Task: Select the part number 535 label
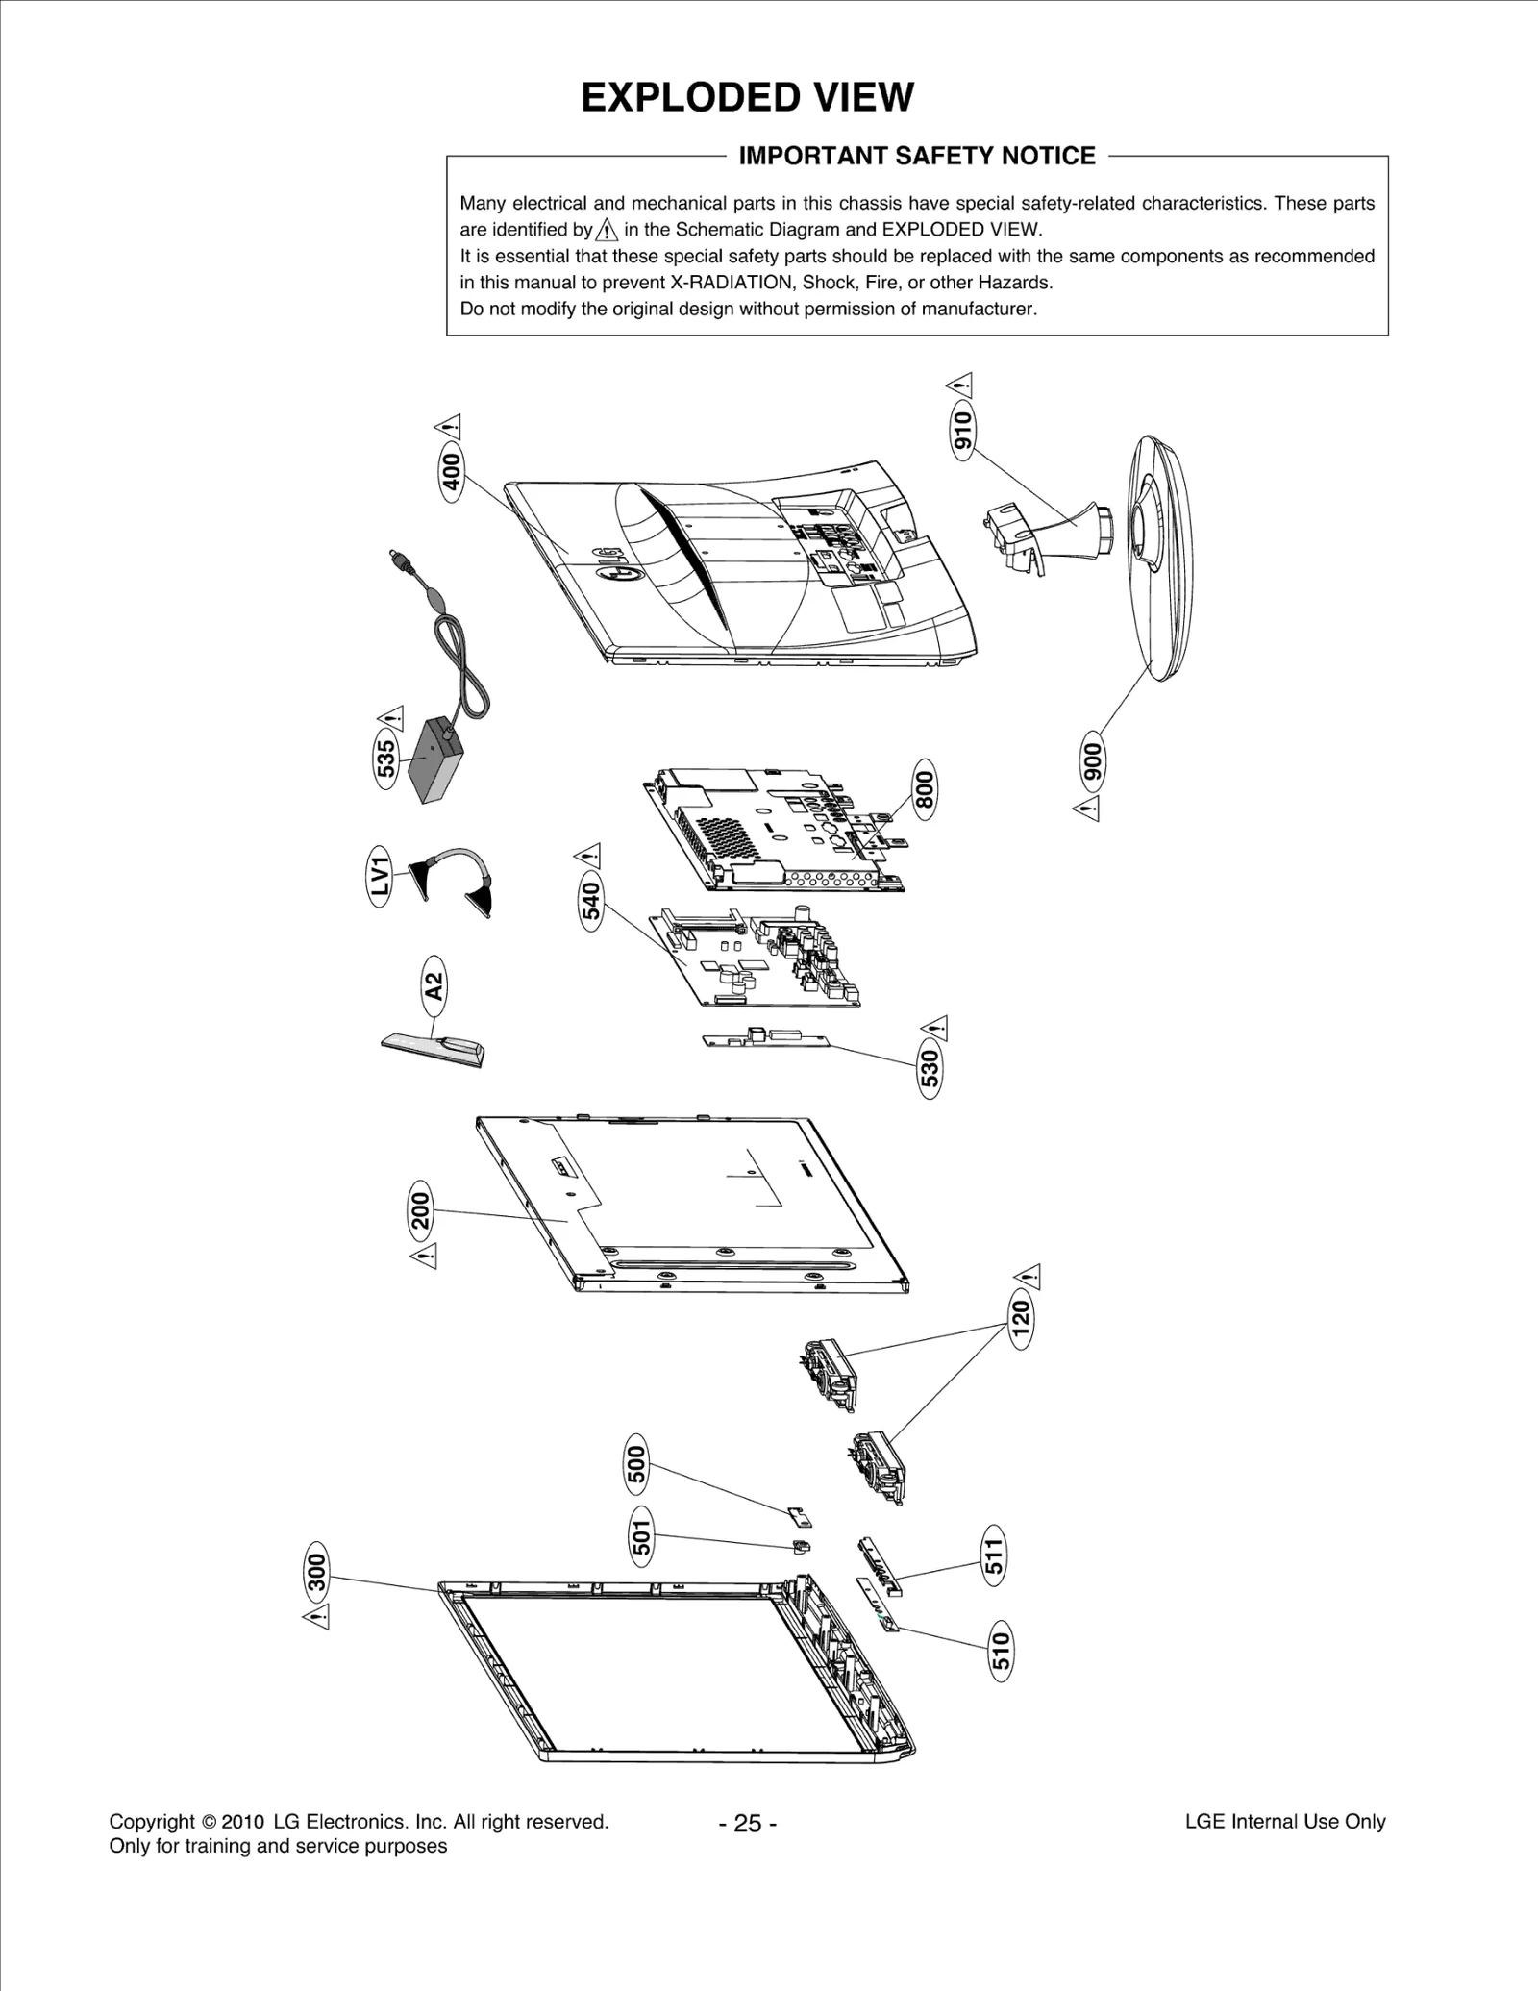pos(384,759)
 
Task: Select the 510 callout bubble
pos(1001,1652)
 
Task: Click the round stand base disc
pos(1158,558)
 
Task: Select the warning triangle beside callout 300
pos(316,1616)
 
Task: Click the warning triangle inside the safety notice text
pos(607,230)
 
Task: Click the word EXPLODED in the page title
pos(672,98)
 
